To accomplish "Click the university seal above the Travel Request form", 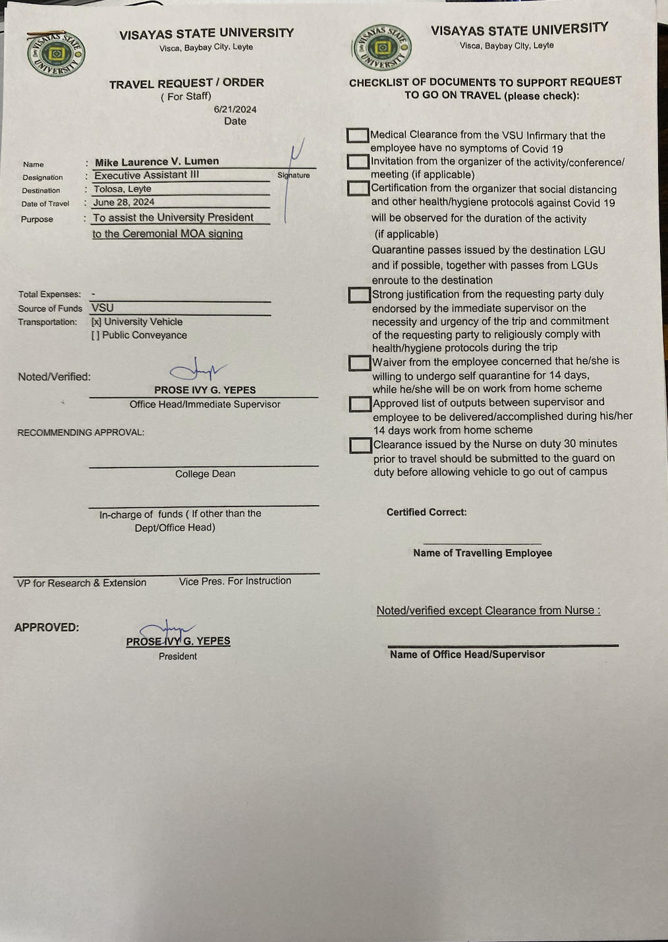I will coord(56,54).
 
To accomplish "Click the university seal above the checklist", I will coord(382,47).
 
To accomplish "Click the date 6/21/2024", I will coord(235,109).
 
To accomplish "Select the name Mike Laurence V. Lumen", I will coord(157,162).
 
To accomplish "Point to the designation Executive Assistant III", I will coord(146,175).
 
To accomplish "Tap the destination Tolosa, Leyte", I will coord(123,189).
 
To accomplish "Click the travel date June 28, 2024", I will coord(124,202).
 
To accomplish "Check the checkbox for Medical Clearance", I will coord(358,135).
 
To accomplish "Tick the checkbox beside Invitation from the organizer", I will coord(358,161).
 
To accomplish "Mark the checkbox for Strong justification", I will coord(359,294).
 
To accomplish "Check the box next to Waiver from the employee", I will coord(360,363).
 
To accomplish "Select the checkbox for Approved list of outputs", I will coord(360,404).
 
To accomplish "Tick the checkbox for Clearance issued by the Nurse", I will coord(360,445).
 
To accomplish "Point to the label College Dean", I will coord(205,474).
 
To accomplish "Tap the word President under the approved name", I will coord(178,656).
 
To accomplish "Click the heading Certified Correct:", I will coord(426,512).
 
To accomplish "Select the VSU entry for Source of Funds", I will coord(103,308).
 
